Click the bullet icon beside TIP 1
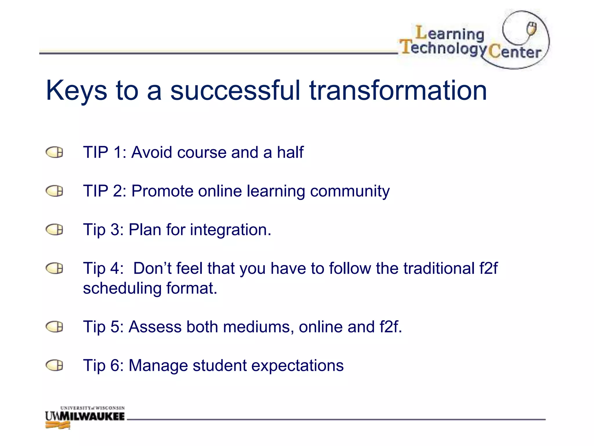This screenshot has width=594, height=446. point(55,152)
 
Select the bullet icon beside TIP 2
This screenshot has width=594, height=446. point(55,191)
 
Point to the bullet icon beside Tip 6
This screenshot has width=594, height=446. point(55,365)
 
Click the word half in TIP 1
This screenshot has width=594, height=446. point(290,152)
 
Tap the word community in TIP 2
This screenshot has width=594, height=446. point(350,192)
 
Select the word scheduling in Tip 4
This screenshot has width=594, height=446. point(122,289)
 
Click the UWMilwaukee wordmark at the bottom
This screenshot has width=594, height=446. point(85,416)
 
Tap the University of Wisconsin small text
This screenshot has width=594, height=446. point(93,408)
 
